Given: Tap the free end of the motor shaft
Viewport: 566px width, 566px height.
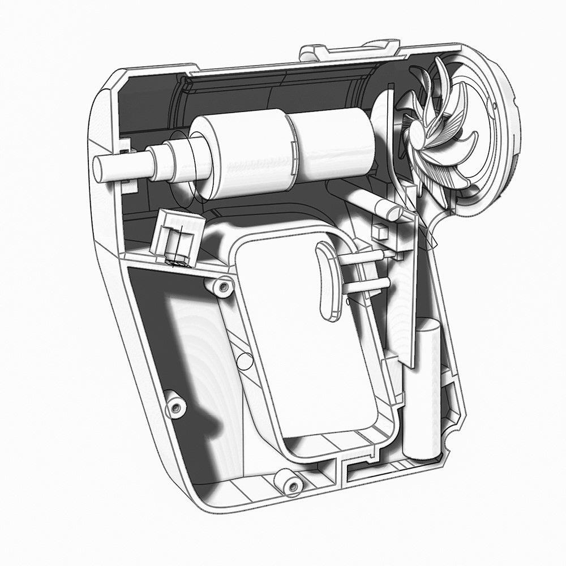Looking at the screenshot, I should (100, 169).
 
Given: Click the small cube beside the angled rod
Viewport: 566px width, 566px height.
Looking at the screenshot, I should (378, 230).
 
